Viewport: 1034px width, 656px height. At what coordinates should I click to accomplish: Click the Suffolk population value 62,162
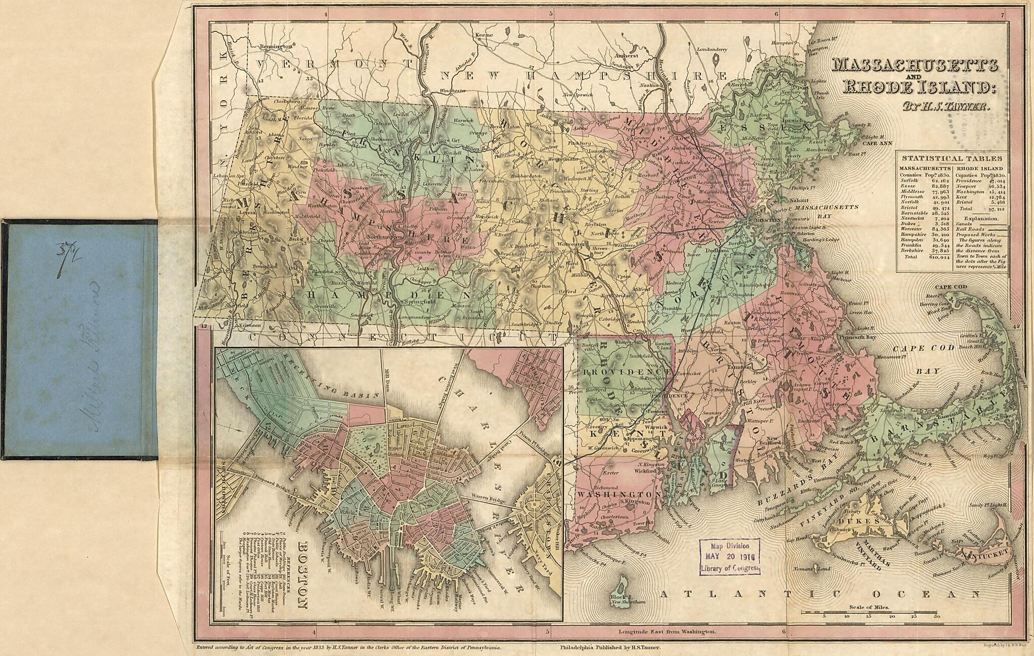[x=940, y=181]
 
